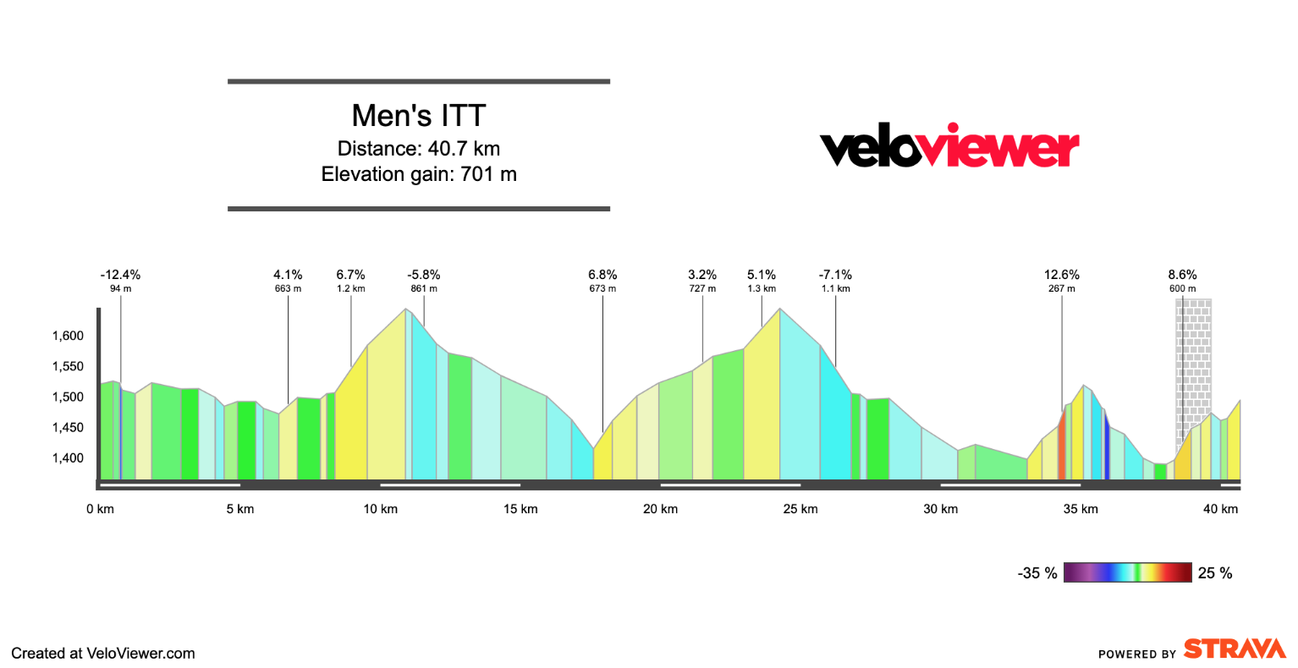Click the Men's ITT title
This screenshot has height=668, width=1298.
419,116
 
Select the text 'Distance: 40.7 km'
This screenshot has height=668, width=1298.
419,149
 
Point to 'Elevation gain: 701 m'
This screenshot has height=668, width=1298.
419,174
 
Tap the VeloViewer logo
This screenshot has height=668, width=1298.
949,147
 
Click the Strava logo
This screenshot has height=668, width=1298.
1235,649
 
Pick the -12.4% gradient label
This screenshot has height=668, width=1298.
120,275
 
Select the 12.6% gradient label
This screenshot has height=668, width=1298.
1062,275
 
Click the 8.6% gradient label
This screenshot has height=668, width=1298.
1182,275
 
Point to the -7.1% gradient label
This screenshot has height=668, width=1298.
835,275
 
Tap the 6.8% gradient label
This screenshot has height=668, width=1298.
602,275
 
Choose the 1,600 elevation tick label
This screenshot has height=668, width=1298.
68,336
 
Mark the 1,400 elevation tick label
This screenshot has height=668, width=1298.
68,458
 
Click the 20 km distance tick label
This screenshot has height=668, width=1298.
661,509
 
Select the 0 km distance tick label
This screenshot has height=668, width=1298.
100,509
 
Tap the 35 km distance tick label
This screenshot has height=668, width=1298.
1081,509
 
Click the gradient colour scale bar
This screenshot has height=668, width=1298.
1127,572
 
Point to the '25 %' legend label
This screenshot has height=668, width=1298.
1215,573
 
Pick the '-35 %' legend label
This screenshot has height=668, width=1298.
1037,573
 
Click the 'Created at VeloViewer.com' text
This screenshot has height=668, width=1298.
103,653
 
